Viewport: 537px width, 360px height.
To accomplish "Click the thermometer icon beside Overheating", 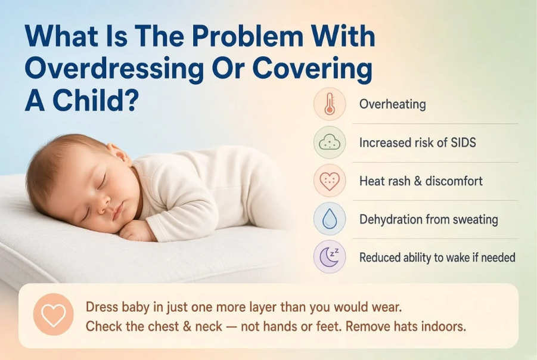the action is point(330,104).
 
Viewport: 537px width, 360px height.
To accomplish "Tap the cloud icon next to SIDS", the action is point(330,142).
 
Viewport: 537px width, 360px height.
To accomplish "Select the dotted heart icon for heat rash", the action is point(330,181).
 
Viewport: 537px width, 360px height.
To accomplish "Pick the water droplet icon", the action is point(330,219).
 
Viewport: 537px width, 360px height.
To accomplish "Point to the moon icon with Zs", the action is point(329,257).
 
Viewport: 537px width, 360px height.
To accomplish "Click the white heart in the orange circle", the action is point(54,315).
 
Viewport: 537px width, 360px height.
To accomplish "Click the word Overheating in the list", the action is point(393,104).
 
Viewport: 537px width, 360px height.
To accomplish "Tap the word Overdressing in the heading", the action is point(114,69).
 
